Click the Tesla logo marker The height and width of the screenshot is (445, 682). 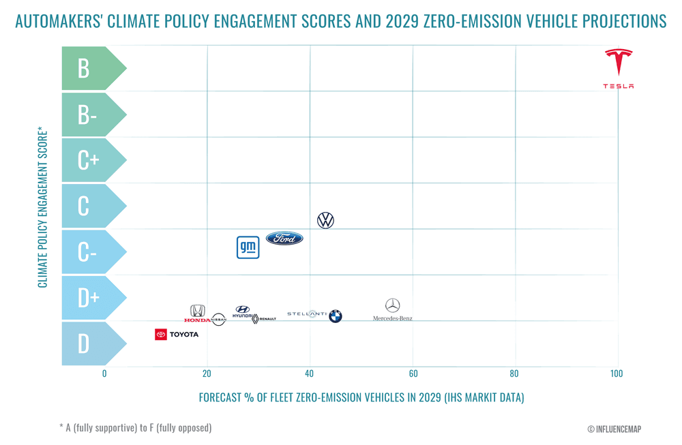[x=619, y=68]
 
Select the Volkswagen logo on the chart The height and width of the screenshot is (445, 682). [x=326, y=220]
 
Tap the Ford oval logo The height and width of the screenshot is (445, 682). [x=284, y=239]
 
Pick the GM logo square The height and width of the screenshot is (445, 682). [x=248, y=247]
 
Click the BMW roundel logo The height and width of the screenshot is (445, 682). [x=335, y=316]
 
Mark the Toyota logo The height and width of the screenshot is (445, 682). [x=177, y=335]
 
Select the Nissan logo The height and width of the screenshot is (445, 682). [x=218, y=320]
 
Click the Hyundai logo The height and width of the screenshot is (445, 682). [x=242, y=311]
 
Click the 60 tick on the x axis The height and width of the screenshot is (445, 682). [x=413, y=373]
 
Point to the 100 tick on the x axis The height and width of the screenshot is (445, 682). [x=617, y=373]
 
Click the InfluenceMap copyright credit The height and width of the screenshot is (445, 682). [x=614, y=429]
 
